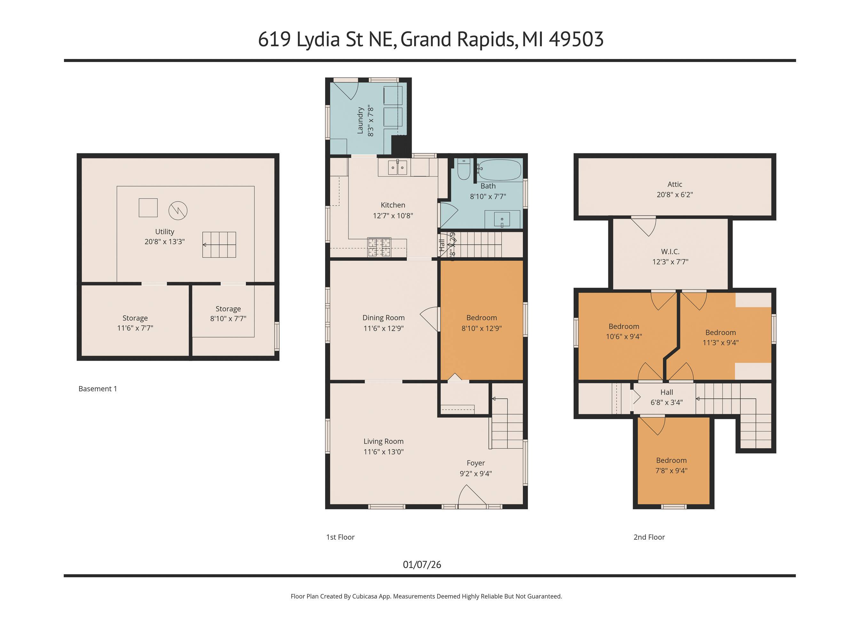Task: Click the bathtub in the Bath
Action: click(499, 170)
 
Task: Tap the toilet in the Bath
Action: click(463, 170)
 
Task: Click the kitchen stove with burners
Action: click(379, 247)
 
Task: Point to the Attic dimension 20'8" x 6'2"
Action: click(675, 195)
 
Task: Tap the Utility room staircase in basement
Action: click(219, 245)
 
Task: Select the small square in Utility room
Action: click(148, 208)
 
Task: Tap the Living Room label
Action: click(383, 441)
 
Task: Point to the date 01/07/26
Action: click(422, 565)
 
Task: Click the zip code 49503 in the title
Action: click(576, 39)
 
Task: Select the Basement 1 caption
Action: click(98, 389)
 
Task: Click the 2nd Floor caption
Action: click(649, 537)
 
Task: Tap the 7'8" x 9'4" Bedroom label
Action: click(671, 465)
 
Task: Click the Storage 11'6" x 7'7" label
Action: click(135, 323)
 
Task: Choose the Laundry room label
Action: click(360, 120)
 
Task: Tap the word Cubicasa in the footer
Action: click(364, 596)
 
